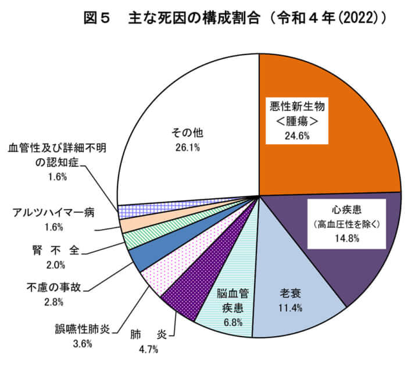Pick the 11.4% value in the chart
290,308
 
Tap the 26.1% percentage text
187,148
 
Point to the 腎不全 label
55,250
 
